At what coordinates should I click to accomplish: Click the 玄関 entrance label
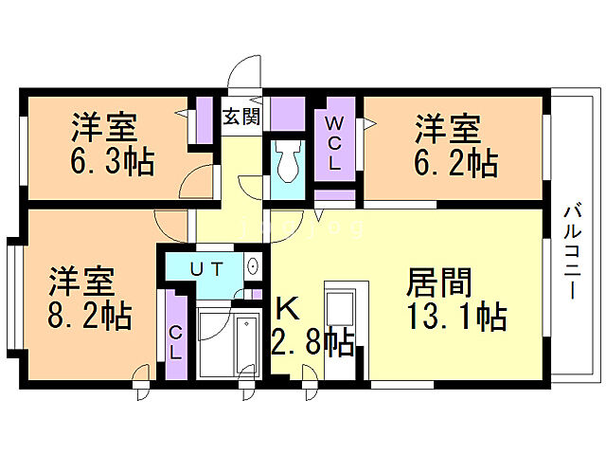241,118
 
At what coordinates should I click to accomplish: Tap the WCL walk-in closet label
335,143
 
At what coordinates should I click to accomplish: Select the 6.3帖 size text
112,161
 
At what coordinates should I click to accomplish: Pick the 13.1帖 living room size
457,314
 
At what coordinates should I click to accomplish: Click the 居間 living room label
438,282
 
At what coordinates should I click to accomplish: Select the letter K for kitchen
288,308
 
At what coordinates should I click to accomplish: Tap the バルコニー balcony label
575,250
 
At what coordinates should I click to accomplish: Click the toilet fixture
288,161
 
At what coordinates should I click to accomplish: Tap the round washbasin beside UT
253,267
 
